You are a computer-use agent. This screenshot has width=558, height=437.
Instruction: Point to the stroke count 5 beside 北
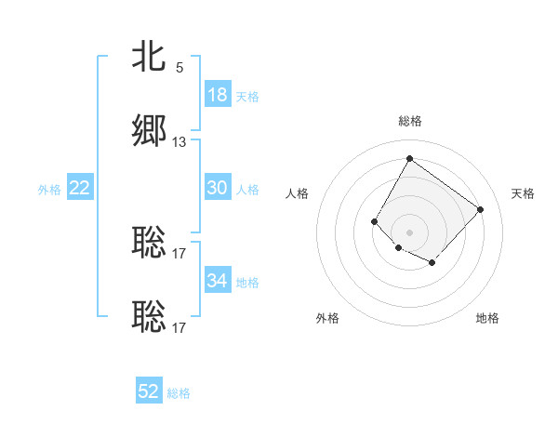179,68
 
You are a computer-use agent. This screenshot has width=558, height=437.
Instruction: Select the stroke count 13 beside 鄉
179,142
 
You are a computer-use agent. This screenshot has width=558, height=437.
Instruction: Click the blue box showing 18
217,95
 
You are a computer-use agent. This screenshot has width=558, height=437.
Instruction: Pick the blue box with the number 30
217,188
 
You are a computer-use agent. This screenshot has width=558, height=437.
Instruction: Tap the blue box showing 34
217,281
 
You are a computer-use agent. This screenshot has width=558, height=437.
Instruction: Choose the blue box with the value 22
80,188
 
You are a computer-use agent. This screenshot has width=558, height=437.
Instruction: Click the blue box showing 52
149,391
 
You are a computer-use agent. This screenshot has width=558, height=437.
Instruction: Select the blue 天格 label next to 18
246,97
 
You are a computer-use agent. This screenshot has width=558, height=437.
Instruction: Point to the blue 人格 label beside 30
246,190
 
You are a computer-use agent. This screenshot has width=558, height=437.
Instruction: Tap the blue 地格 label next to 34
246,283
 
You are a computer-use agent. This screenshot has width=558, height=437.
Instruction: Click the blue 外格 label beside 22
49,190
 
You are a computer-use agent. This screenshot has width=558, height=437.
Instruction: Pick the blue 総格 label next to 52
179,393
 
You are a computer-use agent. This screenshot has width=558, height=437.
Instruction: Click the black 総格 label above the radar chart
409,121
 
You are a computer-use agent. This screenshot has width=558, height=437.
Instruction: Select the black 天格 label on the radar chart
523,193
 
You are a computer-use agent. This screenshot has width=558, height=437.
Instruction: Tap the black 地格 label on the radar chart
487,318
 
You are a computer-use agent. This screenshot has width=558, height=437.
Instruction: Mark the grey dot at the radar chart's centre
409,232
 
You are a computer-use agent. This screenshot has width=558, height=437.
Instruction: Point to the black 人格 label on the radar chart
297,193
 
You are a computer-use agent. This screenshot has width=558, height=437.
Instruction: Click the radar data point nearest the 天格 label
480,209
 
